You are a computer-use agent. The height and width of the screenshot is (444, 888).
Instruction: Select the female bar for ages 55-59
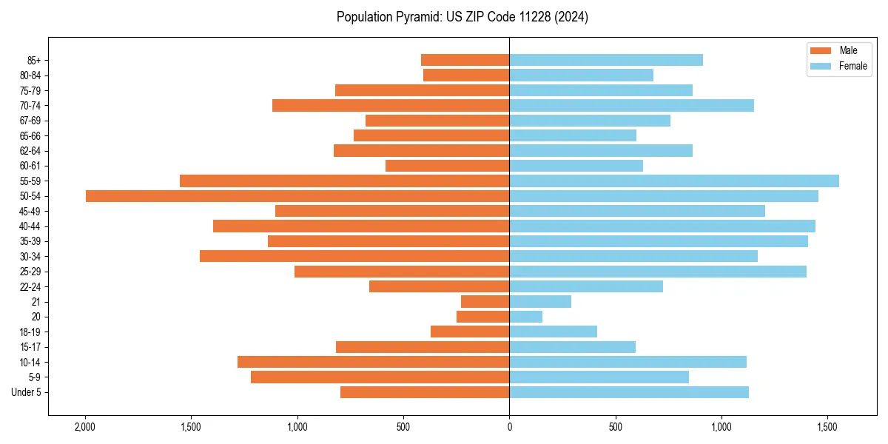[673, 181]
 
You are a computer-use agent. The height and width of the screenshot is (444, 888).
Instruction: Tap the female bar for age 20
[525, 317]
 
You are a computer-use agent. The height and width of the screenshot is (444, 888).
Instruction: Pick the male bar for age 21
[485, 302]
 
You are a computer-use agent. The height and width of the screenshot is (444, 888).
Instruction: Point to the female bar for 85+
[605, 60]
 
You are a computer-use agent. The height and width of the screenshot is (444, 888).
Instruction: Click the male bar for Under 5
[425, 392]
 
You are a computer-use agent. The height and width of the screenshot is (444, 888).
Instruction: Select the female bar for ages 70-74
[631, 106]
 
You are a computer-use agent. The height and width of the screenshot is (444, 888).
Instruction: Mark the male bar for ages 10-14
[373, 362]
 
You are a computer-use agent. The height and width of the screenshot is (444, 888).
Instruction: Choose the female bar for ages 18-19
[553, 332]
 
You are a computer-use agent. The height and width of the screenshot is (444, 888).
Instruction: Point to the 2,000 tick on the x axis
[85, 427]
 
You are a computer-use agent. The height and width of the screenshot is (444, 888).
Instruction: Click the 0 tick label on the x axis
[509, 427]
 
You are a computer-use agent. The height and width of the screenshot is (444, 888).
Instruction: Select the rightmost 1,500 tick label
[827, 427]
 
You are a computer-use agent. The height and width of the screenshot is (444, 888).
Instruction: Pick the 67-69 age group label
[31, 121]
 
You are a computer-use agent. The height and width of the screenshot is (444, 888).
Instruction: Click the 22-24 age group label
[31, 287]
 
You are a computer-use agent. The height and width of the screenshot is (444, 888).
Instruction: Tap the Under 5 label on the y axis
[27, 392]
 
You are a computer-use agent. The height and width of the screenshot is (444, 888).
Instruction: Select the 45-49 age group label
[31, 212]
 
